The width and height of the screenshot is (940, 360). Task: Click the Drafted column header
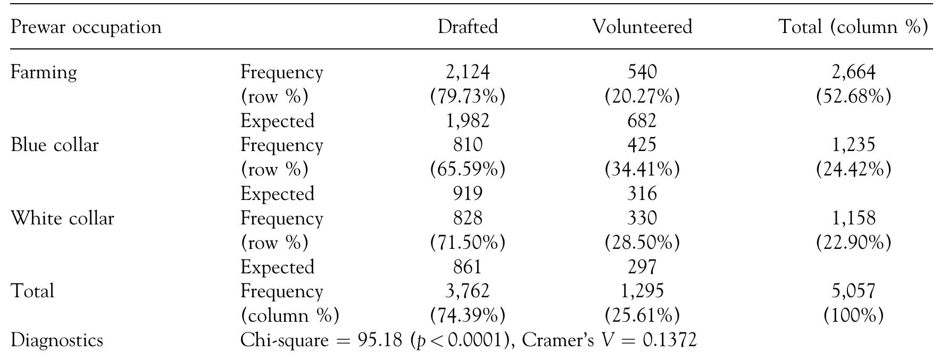pos(468,27)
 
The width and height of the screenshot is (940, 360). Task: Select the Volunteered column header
pos(642,27)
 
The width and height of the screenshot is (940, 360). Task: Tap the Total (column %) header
pos(853,27)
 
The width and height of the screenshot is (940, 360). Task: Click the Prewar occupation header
pos(86,27)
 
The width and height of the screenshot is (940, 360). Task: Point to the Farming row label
pos(44,72)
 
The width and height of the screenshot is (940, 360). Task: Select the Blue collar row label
pos(54,145)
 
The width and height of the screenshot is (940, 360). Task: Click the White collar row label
pos(62,218)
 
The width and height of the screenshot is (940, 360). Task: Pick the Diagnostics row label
pos(56,340)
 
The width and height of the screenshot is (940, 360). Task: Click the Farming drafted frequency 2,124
pos(468,72)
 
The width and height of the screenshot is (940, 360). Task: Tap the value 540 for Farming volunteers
pos(642,72)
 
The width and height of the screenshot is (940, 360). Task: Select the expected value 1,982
pos(468,121)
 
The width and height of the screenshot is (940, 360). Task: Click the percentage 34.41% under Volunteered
pos(642,170)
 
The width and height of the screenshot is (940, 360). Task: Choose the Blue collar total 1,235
pos(853,145)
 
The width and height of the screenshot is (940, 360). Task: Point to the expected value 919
pos(468,194)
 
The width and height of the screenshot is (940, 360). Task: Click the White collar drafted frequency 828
pos(468,218)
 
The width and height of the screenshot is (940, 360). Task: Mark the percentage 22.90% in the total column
pos(853,242)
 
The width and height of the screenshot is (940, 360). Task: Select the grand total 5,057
pos(853,291)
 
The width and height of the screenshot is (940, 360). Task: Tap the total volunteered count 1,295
pos(642,291)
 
